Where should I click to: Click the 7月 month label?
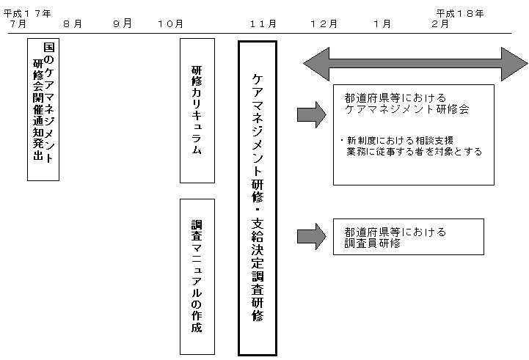coord(18,24)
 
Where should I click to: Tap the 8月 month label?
coord(73,24)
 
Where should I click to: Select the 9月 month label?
coord(123,23)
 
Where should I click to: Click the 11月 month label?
coord(263,24)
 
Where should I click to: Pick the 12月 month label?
coord(324,24)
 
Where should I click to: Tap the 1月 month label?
coord(382,24)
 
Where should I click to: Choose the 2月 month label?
coord(440,24)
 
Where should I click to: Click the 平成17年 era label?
coord(27,13)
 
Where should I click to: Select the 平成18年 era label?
coord(460,13)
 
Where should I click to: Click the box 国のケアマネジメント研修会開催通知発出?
coord(43,109)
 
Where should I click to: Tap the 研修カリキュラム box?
coord(197,110)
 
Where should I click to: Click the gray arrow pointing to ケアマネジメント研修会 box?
coord(311,114)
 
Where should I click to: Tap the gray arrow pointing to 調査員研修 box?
coord(311,236)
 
